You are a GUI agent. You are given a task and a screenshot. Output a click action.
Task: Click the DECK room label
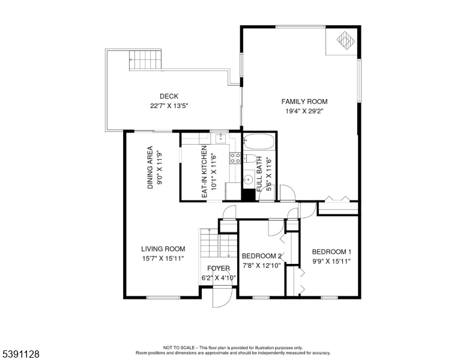(169, 97)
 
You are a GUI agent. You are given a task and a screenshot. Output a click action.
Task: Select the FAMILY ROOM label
(304, 101)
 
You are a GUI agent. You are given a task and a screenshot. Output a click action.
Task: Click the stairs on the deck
(146, 60)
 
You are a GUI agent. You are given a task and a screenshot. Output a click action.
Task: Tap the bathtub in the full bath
(258, 143)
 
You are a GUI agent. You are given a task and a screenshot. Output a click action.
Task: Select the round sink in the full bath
(248, 179)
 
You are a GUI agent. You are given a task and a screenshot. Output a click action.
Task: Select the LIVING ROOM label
(163, 249)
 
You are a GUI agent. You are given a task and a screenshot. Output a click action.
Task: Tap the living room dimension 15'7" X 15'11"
(163, 258)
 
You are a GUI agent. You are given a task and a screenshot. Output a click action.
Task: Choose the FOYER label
(219, 269)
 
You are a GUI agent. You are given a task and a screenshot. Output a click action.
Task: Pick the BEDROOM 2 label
(261, 256)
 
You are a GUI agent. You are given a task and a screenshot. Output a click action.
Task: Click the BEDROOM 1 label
(331, 252)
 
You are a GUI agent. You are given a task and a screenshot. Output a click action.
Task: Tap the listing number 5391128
(21, 355)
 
